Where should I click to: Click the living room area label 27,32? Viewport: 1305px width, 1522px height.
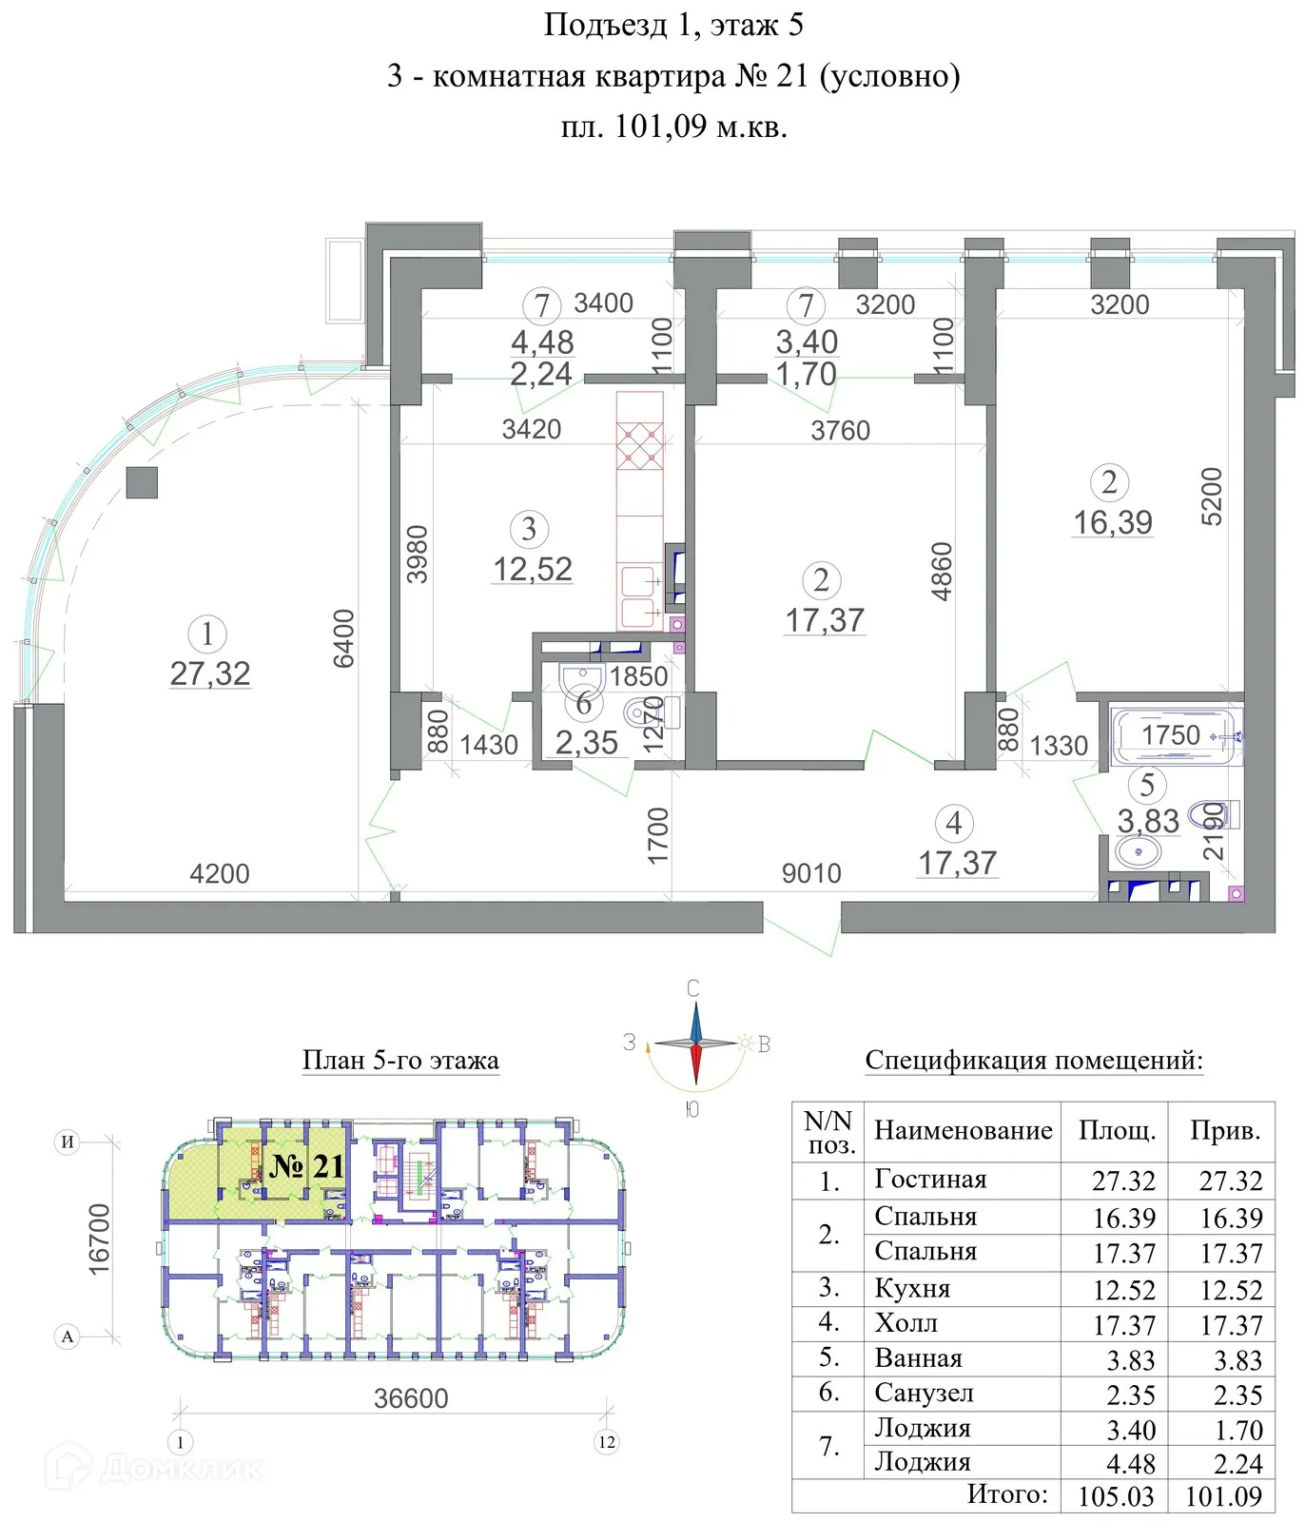210,673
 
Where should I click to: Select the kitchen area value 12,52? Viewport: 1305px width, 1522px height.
533,569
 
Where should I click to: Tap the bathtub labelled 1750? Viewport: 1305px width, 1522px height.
1176,736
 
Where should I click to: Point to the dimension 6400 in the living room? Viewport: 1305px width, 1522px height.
343,638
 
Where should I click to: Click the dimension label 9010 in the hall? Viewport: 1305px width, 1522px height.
811,873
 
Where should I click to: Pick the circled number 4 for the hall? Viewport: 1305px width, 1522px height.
954,824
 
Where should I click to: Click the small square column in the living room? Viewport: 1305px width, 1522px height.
142,482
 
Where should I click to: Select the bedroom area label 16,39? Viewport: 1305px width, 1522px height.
1113,522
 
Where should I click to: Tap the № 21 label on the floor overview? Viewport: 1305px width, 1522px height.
306,1166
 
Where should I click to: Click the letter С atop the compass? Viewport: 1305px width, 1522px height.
693,989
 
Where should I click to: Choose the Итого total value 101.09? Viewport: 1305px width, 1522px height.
1223,1496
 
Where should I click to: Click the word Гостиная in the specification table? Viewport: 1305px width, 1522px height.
930,1180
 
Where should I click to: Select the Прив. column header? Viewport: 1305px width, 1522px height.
1225,1131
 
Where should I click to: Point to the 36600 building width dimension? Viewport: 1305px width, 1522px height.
410,1398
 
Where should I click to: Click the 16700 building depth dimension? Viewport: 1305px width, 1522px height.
100,1239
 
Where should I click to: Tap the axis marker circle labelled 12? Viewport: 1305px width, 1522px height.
607,1442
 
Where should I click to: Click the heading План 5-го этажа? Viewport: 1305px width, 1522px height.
400,1060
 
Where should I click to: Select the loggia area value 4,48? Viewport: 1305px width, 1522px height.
542,341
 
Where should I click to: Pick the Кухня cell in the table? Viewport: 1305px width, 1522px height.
912,1289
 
